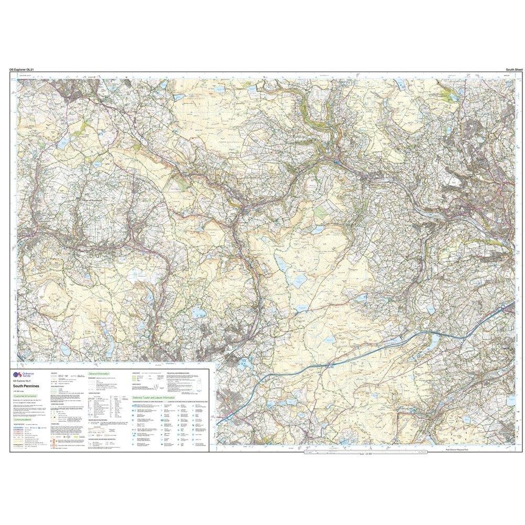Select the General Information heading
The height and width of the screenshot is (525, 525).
click(x=100, y=374)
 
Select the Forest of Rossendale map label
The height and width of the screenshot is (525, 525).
click(x=93, y=200)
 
